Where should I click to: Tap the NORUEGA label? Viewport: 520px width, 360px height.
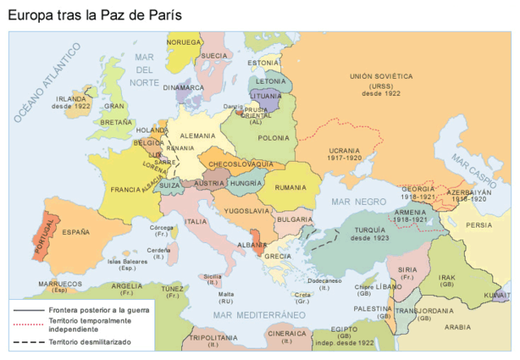(184, 41)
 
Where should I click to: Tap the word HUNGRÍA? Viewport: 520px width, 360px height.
(245, 184)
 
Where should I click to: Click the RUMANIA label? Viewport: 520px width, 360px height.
(291, 188)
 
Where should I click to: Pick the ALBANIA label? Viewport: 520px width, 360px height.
(257, 244)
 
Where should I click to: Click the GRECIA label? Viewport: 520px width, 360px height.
(277, 256)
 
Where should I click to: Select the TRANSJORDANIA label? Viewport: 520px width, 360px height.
(418, 310)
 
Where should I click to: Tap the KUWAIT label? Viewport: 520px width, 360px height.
(496, 294)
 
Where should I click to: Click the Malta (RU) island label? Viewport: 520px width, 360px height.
(226, 297)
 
